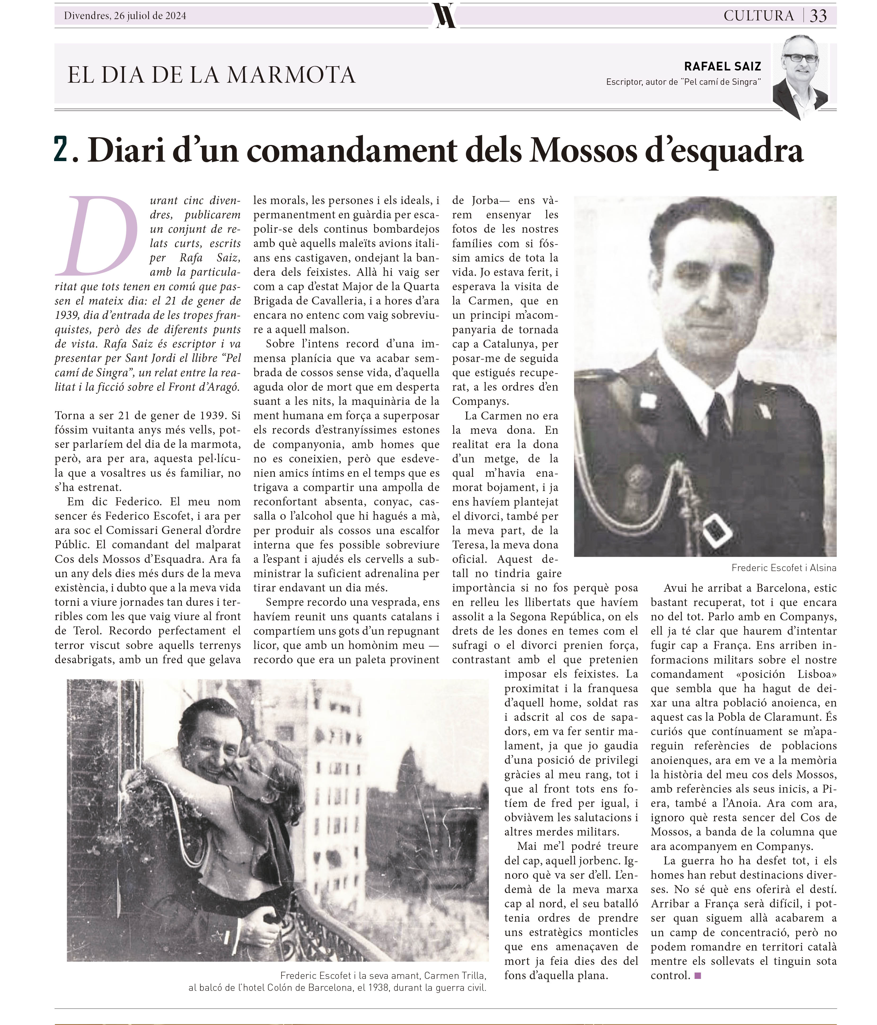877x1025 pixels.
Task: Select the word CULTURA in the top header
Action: (758, 16)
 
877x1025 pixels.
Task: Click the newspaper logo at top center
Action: (444, 15)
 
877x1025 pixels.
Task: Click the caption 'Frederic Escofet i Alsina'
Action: (783, 568)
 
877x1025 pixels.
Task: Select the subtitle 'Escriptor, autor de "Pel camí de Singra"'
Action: (683, 82)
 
